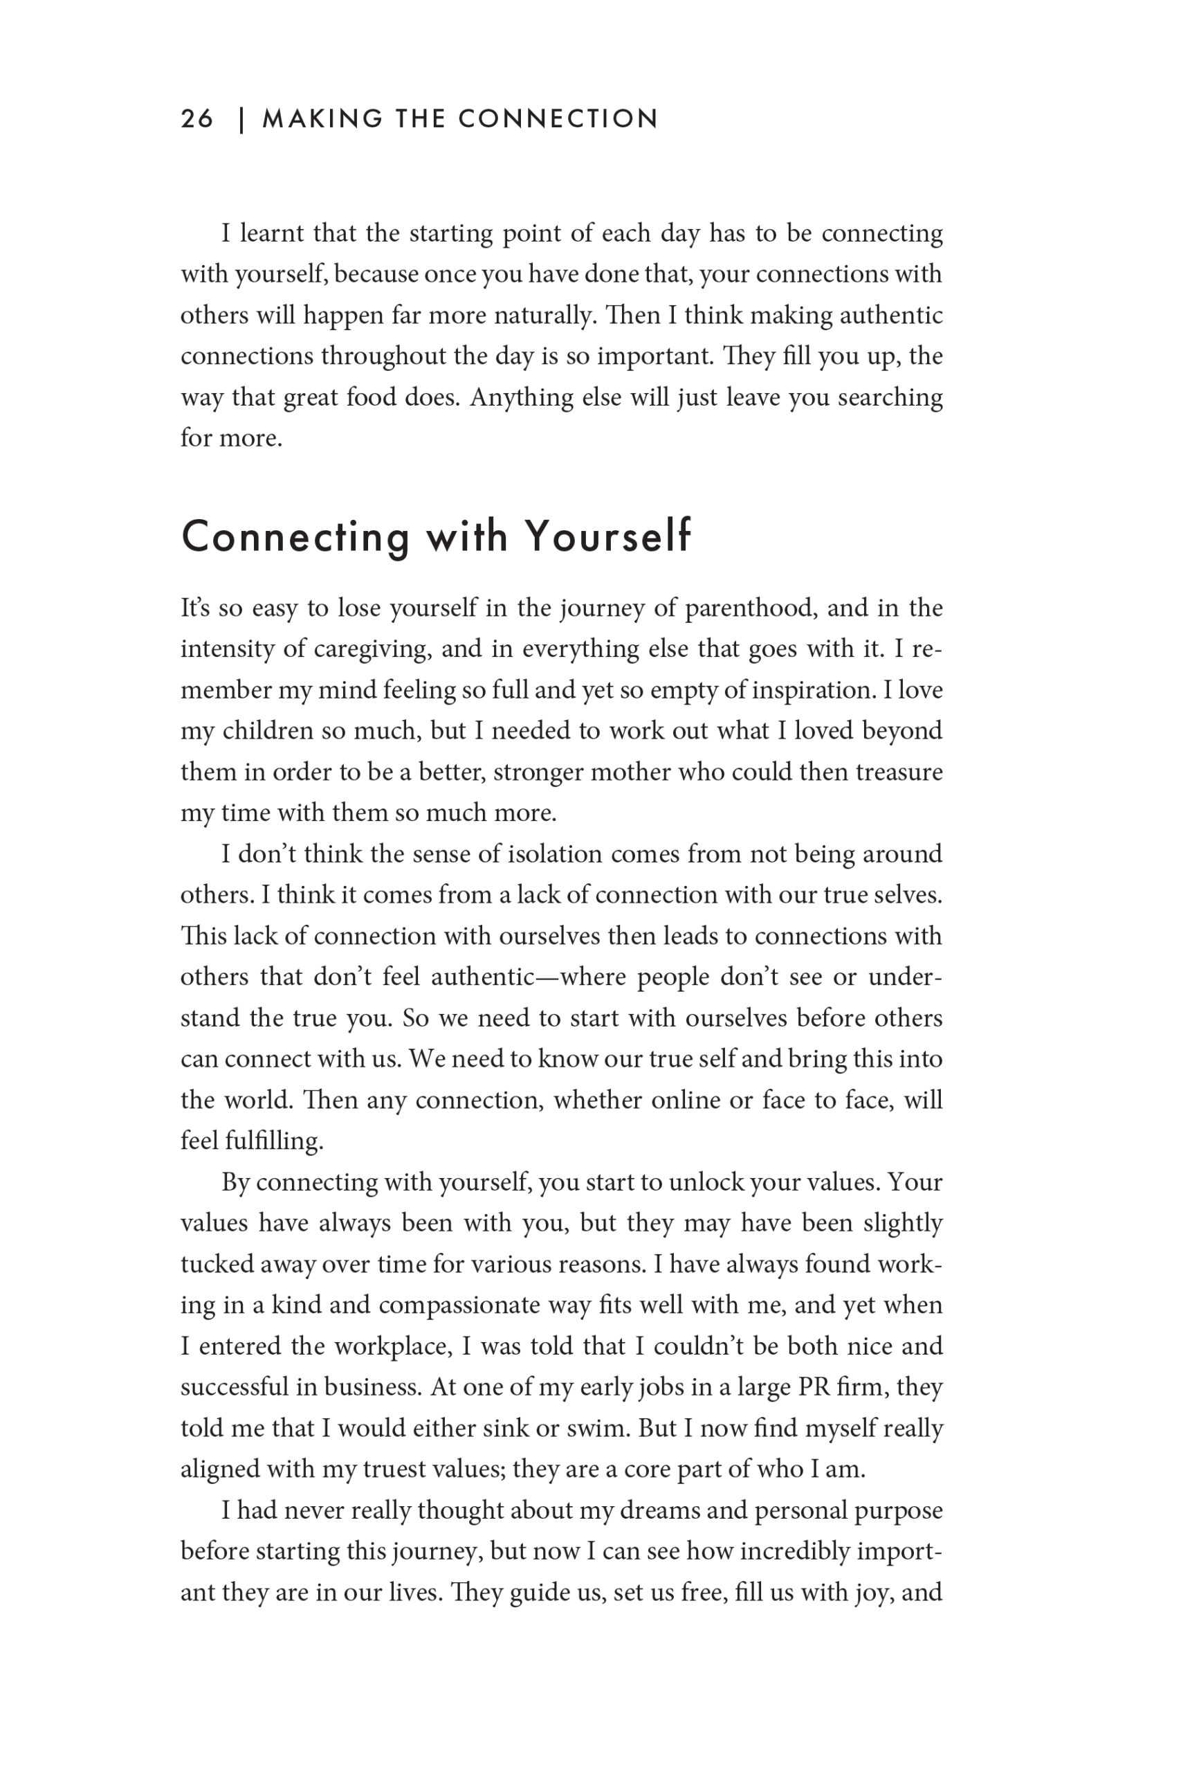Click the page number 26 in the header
pyautogui.click(x=196, y=119)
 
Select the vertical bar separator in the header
pyautogui.click(x=241, y=120)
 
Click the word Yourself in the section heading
pyautogui.click(x=607, y=536)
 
